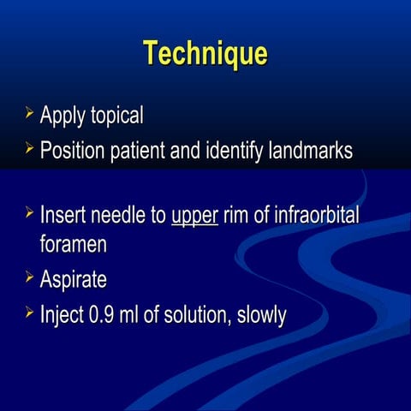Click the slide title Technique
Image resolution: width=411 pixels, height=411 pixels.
(205, 53)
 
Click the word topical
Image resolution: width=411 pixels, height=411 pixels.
(112, 115)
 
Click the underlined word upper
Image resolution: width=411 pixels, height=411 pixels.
(194, 214)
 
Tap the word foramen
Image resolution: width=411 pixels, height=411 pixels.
(74, 244)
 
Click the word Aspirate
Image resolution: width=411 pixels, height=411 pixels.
(74, 280)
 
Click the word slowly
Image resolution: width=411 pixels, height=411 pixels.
(259, 315)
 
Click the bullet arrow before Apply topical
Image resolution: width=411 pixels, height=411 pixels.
(29, 113)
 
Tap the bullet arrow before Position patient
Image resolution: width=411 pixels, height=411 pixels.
(29, 150)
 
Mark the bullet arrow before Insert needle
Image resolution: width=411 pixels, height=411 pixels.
(29, 211)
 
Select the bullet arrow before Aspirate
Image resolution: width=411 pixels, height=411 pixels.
(29, 277)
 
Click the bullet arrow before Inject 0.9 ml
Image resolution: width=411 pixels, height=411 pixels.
(29, 313)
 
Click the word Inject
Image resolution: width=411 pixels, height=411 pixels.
(62, 315)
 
